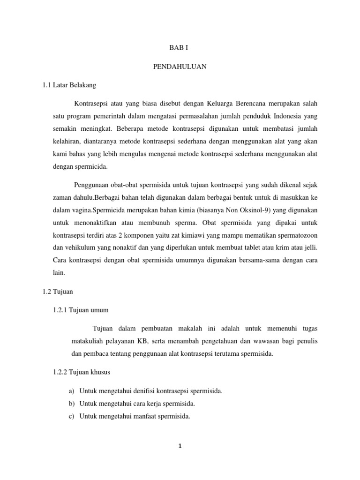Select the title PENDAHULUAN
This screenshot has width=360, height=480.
point(180,67)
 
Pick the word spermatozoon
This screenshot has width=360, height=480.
point(294,234)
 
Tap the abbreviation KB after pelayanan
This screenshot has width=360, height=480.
point(142,341)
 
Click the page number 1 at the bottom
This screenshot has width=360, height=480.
point(180,446)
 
